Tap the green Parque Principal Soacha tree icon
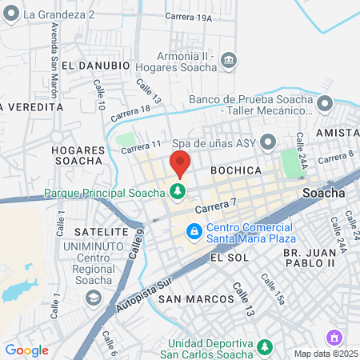pos(177,191)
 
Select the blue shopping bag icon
pos(193,232)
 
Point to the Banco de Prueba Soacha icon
pos(325,104)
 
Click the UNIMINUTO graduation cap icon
pos(94,297)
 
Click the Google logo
pos(26,350)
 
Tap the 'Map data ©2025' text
pos(324,354)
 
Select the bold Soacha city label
pos(324,193)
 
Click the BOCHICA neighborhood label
pos(236,171)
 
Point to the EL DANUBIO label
pos(95,65)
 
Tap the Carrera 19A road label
pos(190,17)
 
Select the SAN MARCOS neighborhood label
pos(197,298)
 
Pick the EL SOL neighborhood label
pos(225,258)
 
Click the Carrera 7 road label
pos(216,207)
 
